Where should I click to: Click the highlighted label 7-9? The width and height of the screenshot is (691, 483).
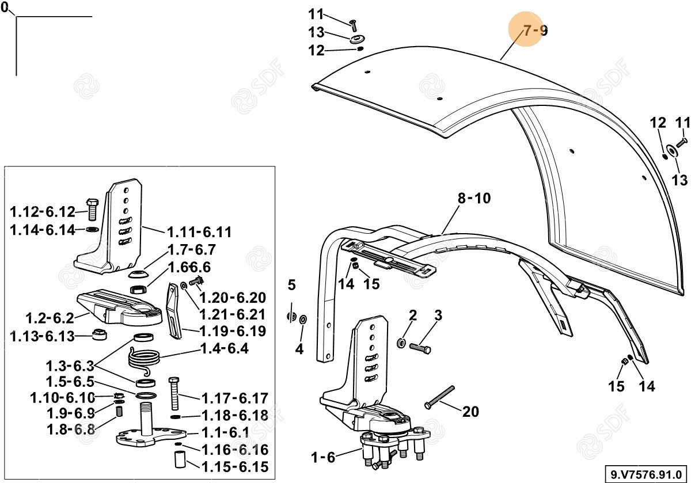click(x=535, y=31)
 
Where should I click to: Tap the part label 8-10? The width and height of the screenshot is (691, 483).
click(x=474, y=199)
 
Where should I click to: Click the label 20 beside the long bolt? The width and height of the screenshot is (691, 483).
click(x=470, y=412)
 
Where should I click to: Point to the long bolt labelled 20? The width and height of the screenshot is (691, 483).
click(x=440, y=397)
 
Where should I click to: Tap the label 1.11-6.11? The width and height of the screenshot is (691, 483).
click(x=199, y=233)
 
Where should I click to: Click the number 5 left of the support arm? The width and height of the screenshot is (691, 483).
click(x=291, y=285)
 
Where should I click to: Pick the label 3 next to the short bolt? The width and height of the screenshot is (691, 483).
click(x=438, y=315)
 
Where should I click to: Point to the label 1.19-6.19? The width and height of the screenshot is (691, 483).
click(x=232, y=332)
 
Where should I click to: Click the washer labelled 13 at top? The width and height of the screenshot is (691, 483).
click(x=358, y=39)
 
